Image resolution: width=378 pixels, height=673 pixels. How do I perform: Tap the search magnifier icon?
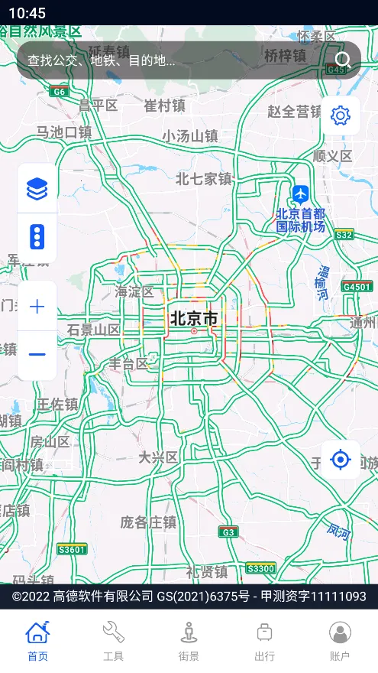pos(343,60)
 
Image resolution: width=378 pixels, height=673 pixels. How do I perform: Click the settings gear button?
pos(340,115)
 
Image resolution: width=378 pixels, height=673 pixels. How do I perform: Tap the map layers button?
pos(37,188)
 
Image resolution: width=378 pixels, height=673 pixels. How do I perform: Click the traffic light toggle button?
pos(37,238)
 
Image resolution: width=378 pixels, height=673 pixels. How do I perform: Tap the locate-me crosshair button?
pos(340,460)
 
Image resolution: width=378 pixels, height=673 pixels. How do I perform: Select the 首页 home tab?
pos(37,641)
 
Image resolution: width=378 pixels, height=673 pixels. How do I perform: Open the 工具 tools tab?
pos(113,641)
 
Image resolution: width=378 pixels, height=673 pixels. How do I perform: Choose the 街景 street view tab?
pos(189,641)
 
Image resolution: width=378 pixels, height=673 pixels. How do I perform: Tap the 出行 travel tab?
pos(264,641)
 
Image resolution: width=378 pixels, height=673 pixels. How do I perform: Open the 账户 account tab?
pos(340,641)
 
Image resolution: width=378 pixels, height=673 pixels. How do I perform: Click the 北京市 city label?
pos(194,318)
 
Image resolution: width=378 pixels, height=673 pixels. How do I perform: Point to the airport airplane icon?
pos(301,193)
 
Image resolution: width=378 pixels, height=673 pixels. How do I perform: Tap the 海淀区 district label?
pos(134,291)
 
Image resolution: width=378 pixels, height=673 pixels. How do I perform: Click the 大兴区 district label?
pos(158,457)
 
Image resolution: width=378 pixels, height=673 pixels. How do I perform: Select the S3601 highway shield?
pos(72,549)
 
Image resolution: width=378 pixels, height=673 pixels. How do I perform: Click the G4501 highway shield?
pos(357,287)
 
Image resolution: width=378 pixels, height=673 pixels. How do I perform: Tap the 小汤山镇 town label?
pos(190,136)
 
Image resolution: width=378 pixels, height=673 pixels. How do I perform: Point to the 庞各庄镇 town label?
pos(148,522)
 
